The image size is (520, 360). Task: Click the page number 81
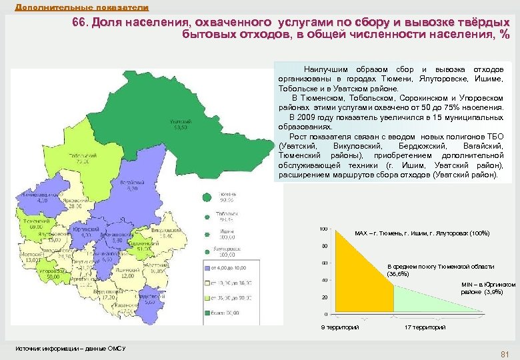(x=504, y=353)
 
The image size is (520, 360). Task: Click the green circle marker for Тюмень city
(x=207, y=197)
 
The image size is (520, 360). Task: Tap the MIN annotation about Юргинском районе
(x=487, y=288)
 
